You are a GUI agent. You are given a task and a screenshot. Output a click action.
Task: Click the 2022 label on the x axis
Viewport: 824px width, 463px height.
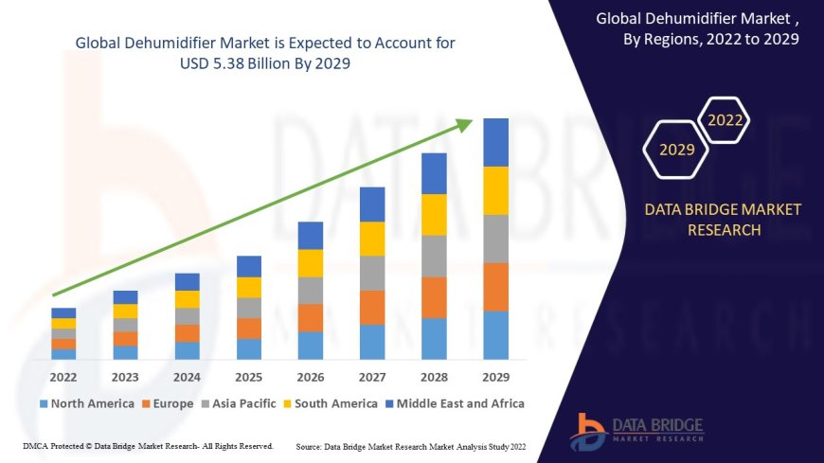(x=63, y=376)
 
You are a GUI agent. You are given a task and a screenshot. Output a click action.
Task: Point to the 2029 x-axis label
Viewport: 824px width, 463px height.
(x=495, y=376)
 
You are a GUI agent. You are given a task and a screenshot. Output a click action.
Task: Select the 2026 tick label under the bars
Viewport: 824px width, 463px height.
(x=311, y=376)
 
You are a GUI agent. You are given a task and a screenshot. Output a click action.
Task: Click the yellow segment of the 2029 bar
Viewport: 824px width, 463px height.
(x=495, y=190)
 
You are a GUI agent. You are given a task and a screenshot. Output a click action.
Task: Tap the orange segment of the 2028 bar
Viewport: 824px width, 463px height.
(x=434, y=297)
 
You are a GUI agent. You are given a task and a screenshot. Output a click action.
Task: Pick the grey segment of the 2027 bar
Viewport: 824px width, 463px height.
(x=372, y=273)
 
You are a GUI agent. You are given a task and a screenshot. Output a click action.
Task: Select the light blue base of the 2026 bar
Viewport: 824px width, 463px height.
(x=311, y=346)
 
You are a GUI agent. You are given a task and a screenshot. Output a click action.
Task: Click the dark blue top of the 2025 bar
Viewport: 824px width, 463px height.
(x=249, y=266)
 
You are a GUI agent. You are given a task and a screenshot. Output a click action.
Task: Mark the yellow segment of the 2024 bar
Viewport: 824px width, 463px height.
(x=188, y=299)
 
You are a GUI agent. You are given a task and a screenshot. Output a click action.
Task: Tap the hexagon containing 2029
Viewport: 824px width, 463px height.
(x=676, y=150)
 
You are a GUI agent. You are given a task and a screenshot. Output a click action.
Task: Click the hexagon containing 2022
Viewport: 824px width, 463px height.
(x=725, y=120)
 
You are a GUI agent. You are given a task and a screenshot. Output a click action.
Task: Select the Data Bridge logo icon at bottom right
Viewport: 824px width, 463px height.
(x=587, y=432)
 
